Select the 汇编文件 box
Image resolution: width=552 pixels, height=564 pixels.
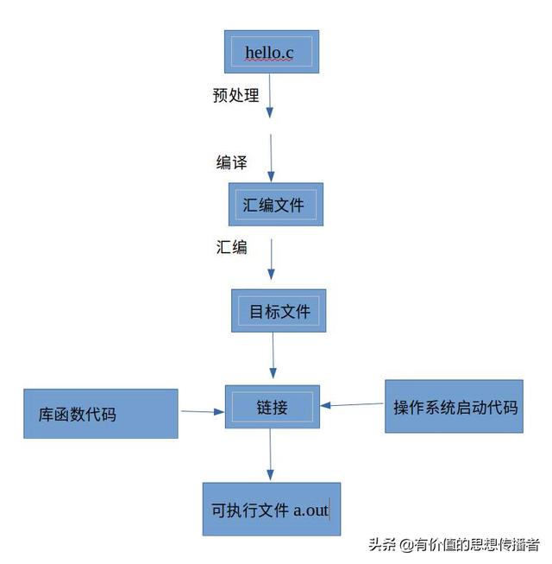click(275, 205)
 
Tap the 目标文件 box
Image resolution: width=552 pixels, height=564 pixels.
click(279, 310)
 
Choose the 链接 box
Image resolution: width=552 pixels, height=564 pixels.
click(272, 407)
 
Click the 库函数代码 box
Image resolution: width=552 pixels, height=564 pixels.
click(101, 414)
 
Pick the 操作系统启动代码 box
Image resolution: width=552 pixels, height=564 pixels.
click(455, 406)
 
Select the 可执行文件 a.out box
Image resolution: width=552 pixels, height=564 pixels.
click(271, 510)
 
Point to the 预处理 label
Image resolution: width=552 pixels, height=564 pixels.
click(235, 95)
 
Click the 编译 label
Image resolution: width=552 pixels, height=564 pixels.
click(231, 162)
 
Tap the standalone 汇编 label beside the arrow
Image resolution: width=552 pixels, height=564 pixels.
click(231, 247)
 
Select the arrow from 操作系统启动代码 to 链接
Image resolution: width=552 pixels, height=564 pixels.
click(352, 404)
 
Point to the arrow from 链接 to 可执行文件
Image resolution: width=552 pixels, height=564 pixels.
click(270, 454)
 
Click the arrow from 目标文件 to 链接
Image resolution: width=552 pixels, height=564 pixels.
click(273, 355)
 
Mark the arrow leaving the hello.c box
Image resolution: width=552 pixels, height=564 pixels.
click(270, 96)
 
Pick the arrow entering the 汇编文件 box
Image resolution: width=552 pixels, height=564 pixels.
click(272, 157)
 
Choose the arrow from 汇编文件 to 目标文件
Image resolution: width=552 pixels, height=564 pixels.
click(272, 258)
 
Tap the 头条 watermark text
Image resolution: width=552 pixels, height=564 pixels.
click(382, 544)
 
